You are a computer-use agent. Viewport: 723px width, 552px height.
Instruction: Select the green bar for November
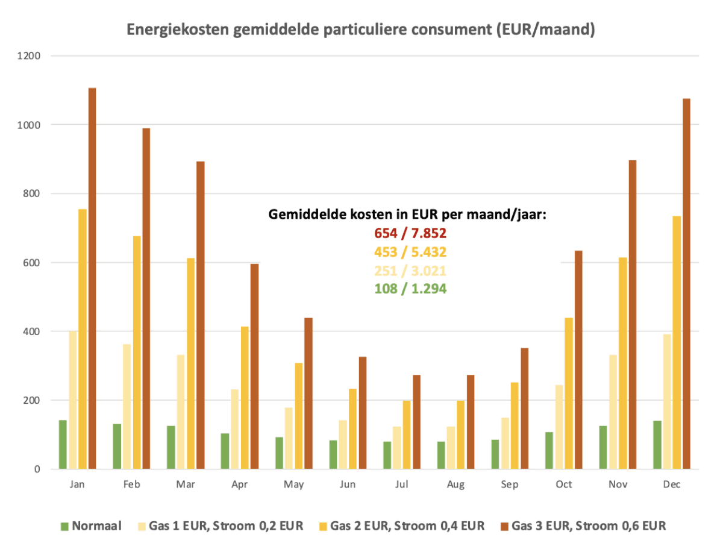pyautogui.click(x=603, y=447)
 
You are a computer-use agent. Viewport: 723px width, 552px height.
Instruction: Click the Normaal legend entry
pyautogui.click(x=91, y=525)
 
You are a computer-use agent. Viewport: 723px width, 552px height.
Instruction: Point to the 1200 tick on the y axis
pyautogui.click(x=29, y=56)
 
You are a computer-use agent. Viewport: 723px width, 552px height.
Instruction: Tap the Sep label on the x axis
pyautogui.click(x=510, y=485)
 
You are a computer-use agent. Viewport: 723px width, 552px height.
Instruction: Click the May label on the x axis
pyautogui.click(x=294, y=485)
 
